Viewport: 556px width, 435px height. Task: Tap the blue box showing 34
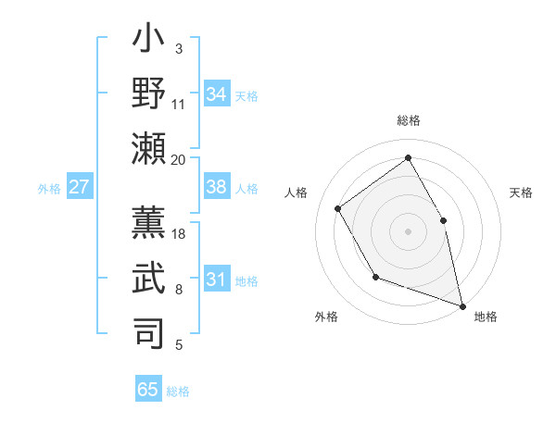pyautogui.click(x=217, y=94)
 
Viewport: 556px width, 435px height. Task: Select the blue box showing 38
pyautogui.click(x=217, y=187)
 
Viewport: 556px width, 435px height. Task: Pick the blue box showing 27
pyautogui.click(x=79, y=187)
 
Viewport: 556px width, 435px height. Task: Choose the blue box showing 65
pyautogui.click(x=148, y=390)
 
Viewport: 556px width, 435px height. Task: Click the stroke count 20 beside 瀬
pyautogui.click(x=179, y=159)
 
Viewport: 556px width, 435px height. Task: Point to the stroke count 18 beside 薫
pyautogui.click(x=179, y=234)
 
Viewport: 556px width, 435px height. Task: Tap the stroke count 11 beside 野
pyautogui.click(x=179, y=104)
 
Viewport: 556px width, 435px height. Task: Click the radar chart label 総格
pyautogui.click(x=408, y=121)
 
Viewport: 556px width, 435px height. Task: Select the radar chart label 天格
pyautogui.click(x=521, y=193)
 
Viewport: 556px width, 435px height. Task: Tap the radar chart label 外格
pyautogui.click(x=326, y=317)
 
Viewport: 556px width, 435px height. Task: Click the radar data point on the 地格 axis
pyautogui.click(x=461, y=304)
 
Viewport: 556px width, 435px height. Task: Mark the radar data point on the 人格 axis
pyautogui.click(x=338, y=208)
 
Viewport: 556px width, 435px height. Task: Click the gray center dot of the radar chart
pyautogui.click(x=408, y=230)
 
